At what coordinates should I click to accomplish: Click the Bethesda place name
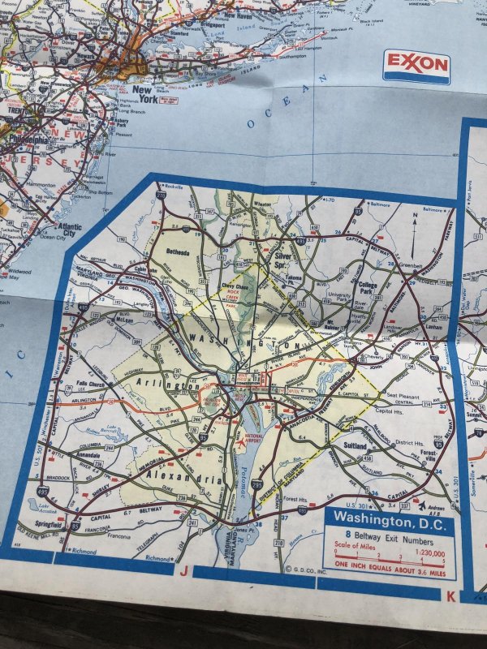tap(176, 252)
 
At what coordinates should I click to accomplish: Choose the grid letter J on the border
tap(184, 570)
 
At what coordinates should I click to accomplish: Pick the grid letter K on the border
tap(450, 596)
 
